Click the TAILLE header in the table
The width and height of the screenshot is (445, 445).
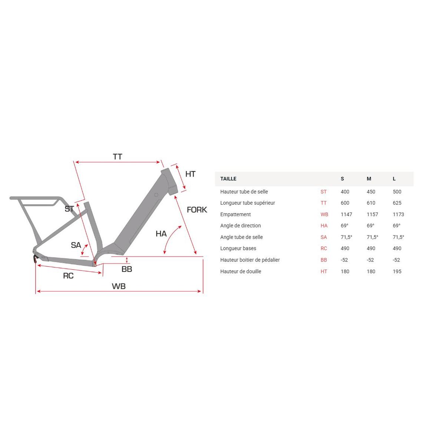click(x=228, y=179)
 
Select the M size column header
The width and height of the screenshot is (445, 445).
click(x=369, y=179)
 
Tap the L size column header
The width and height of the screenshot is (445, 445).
click(x=394, y=179)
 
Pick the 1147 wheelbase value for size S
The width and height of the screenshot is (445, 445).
click(x=346, y=214)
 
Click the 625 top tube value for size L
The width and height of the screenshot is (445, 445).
click(x=397, y=203)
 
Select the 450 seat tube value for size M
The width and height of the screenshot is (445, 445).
click(x=370, y=192)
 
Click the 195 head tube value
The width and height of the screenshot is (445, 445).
click(x=397, y=271)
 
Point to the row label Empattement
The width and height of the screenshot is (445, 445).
click(x=235, y=214)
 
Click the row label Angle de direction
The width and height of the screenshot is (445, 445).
click(x=240, y=225)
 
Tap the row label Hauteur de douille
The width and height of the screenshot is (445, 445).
click(x=241, y=271)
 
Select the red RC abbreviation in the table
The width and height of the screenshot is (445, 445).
click(x=324, y=248)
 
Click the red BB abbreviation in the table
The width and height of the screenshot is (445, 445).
click(x=324, y=260)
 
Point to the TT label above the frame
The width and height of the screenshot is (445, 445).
click(x=118, y=157)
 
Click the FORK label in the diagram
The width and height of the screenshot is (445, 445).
click(x=197, y=210)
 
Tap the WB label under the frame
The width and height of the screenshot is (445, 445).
click(x=119, y=286)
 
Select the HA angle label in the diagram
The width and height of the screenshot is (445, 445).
click(x=161, y=234)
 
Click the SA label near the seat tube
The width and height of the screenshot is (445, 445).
click(x=76, y=245)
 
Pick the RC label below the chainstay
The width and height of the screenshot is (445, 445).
click(x=68, y=276)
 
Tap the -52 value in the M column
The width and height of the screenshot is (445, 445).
click(x=370, y=260)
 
